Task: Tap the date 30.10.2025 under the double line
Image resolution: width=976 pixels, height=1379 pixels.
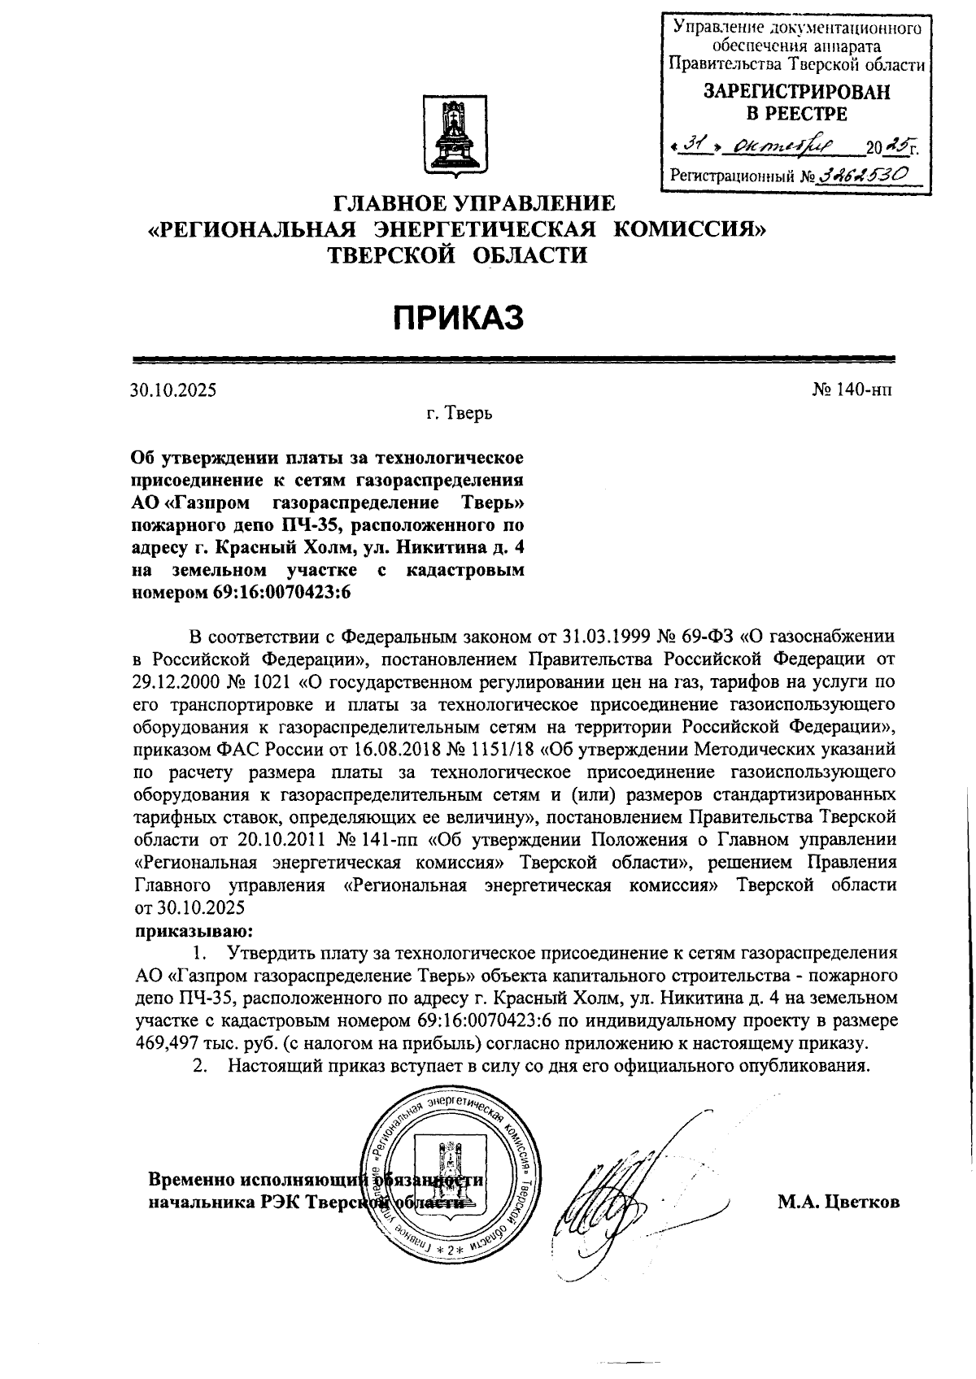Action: click(173, 390)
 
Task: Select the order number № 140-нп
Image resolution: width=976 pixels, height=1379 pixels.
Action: click(851, 390)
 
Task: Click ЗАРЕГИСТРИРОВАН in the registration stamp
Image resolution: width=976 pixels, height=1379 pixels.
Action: click(796, 92)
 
